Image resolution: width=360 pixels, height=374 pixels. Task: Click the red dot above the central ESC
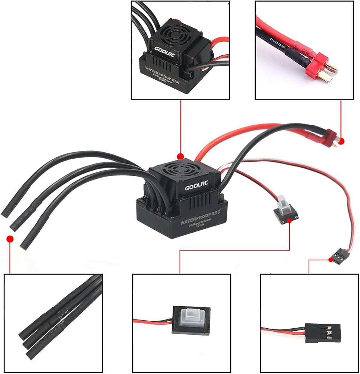click(x=181, y=156)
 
